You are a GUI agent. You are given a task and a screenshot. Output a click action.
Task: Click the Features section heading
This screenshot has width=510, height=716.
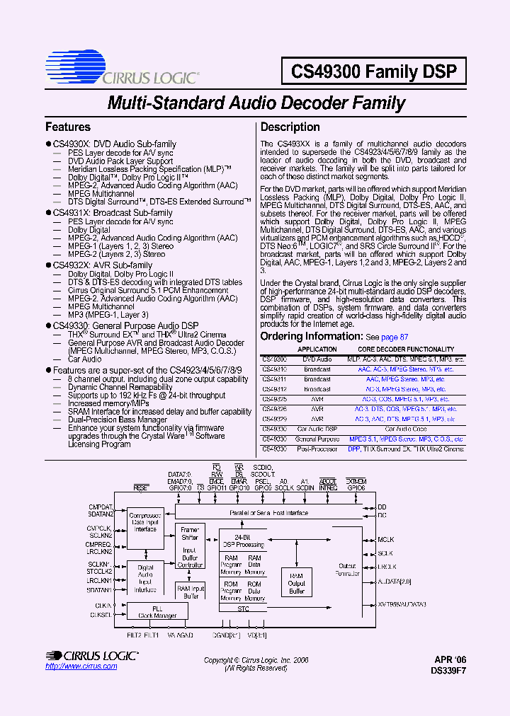click(68, 127)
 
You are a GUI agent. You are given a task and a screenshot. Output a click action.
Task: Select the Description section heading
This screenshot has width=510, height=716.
click(290, 127)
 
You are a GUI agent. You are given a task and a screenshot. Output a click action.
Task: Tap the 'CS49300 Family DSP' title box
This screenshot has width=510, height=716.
click(374, 71)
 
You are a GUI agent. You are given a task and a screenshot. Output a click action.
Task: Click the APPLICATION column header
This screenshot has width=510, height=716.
click(317, 350)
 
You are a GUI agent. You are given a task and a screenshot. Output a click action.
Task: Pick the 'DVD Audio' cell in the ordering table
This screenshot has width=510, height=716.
click(317, 359)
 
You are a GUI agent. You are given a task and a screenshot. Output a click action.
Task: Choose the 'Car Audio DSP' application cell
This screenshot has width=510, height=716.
click(317, 429)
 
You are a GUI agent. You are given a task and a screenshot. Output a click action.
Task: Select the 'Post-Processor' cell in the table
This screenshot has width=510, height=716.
click(317, 449)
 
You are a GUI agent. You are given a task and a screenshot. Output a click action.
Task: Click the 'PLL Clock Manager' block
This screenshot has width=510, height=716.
click(157, 612)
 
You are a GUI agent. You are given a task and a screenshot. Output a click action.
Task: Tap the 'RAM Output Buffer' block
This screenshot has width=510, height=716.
click(296, 583)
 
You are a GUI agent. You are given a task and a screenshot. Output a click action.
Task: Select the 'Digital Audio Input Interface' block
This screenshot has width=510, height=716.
click(145, 578)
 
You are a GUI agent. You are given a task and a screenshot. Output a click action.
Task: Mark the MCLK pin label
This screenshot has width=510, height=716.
click(385, 539)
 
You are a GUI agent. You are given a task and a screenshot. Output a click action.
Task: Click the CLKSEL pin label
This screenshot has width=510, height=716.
click(101, 615)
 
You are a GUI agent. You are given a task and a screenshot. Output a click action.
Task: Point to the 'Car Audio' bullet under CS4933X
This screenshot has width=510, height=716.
click(84, 359)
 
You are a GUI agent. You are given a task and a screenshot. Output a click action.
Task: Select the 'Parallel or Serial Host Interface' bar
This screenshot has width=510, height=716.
click(268, 512)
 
